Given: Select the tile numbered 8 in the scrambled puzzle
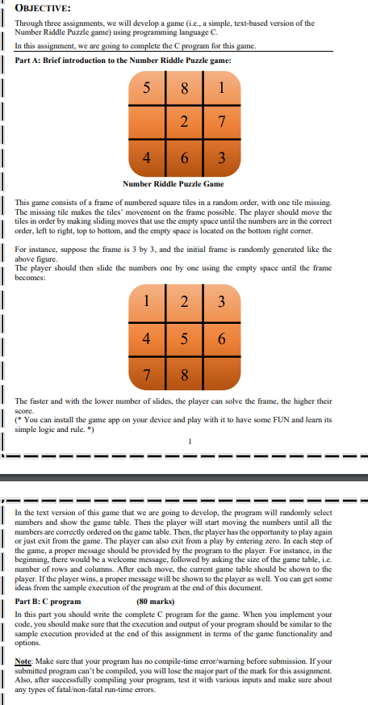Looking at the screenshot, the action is pyautogui.click(x=184, y=88).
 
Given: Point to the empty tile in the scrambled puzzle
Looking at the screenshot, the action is pyautogui.click(x=148, y=122).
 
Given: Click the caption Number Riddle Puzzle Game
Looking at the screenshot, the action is pyautogui.click(x=173, y=184).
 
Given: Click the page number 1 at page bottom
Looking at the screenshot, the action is pyautogui.click(x=188, y=441).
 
